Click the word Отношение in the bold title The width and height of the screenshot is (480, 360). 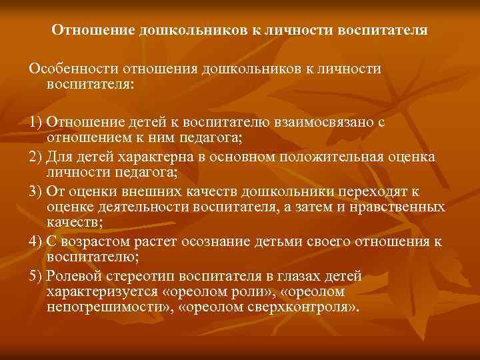point(94,31)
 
